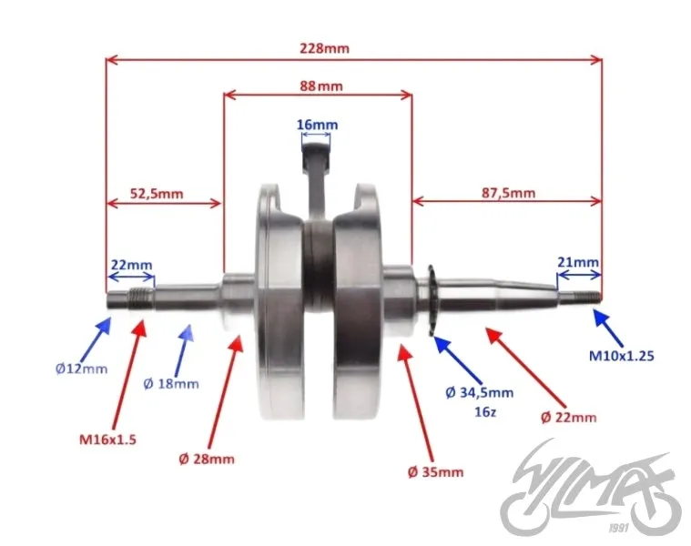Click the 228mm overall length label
pos(324,48)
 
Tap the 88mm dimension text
pos(321,86)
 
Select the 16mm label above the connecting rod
pos(318,125)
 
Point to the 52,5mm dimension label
pos(157,193)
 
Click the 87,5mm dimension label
pos(508,193)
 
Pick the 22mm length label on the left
pos(131,265)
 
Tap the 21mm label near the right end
pos(578,262)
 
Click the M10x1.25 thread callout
pos(622,355)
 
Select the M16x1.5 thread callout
pos(107,439)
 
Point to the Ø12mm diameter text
pos(82,369)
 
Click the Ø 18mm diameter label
pos(171,384)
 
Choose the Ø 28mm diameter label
pos(207,460)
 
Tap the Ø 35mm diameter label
pos(435,472)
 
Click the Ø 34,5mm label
pos(480,392)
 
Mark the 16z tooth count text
pos(485,412)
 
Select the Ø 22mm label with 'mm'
pos(568,417)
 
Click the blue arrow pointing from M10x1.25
pos(608,328)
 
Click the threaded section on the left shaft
pos(140,298)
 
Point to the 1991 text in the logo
pos(618,528)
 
